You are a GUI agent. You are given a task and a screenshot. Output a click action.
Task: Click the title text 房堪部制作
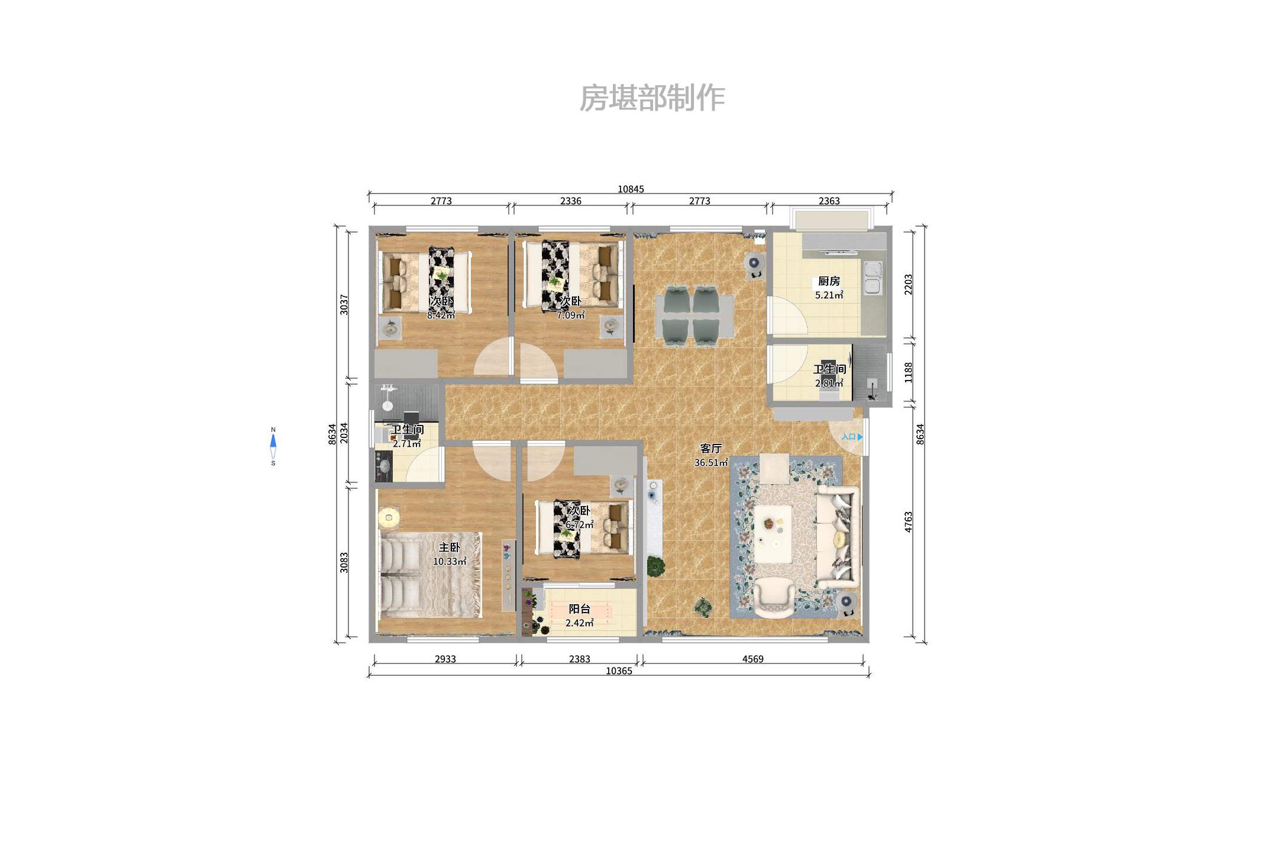652,98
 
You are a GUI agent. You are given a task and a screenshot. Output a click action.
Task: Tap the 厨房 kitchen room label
828,281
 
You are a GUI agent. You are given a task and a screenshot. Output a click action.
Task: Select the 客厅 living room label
710,449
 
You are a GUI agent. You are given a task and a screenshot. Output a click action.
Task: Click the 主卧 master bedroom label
449,547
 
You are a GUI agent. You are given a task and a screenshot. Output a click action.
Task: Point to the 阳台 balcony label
579,609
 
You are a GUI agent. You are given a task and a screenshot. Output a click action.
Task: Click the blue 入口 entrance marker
852,437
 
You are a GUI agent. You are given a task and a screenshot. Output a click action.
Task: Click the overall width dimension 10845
631,189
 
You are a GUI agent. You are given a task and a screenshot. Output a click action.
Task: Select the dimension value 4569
752,659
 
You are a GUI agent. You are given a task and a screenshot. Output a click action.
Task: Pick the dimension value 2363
829,201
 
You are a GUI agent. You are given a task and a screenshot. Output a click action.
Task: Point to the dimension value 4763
909,522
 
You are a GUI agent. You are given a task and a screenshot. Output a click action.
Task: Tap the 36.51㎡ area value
710,463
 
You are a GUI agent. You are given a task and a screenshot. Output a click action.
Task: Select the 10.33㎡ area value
449,562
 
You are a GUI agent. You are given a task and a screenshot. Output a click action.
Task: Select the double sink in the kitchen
873,278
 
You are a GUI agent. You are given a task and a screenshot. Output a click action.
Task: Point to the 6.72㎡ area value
579,525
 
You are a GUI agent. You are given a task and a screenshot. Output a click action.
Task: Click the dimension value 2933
445,659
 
